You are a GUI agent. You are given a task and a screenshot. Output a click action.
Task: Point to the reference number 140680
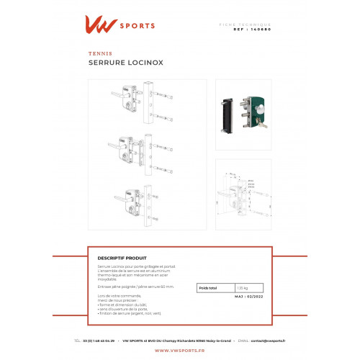(x=264, y=31)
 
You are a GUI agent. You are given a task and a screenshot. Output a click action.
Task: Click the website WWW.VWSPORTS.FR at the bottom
(x=179, y=351)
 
